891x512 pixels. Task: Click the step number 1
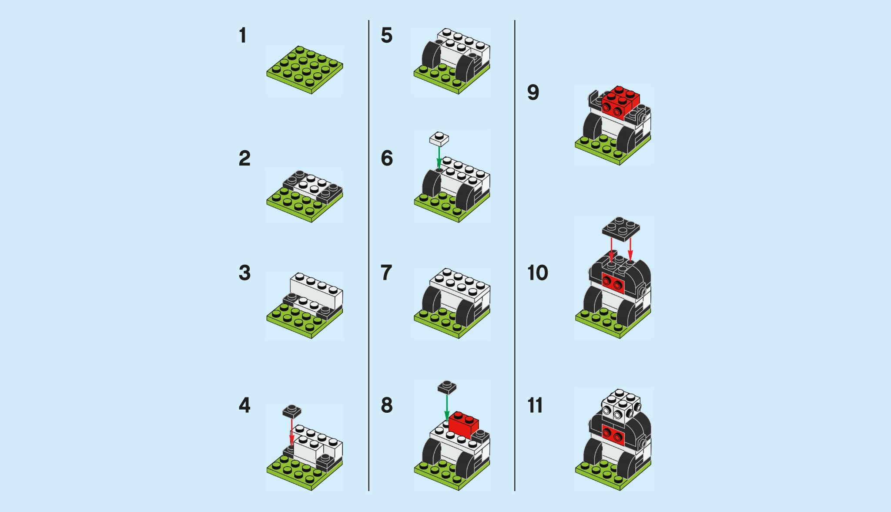click(243, 36)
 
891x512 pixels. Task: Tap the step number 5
click(386, 36)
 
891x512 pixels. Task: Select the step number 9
click(533, 93)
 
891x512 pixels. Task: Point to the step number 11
click(535, 405)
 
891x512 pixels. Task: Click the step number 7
click(386, 273)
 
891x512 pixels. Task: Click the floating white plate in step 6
click(439, 139)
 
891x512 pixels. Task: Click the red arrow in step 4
click(292, 431)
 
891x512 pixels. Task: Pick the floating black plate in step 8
click(447, 387)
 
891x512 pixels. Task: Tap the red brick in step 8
click(464, 424)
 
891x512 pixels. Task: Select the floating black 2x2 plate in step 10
click(621, 229)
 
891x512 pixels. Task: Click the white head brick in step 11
click(620, 405)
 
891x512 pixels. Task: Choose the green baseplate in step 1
click(305, 70)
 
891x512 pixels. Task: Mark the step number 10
click(537, 273)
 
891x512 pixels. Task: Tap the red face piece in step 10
click(613, 283)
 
